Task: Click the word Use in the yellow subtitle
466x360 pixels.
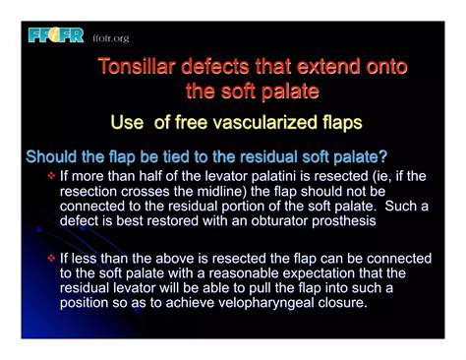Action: coord(130,122)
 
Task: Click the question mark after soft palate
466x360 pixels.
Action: coord(382,157)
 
